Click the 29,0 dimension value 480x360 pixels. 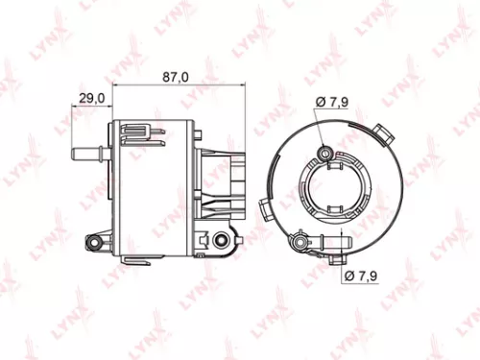tap(92, 98)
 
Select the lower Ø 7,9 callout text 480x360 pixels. tap(360, 276)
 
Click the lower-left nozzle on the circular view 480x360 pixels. tap(305, 233)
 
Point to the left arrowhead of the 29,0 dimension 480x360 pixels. tap(75, 107)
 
